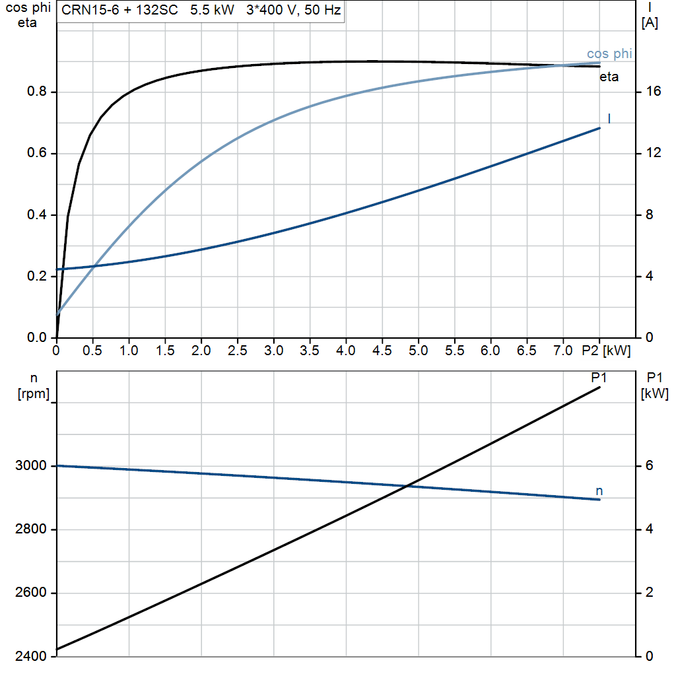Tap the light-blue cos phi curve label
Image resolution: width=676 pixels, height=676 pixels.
(x=609, y=54)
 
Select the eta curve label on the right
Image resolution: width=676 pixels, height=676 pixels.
(x=609, y=77)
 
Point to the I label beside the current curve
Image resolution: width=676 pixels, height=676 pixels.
(x=609, y=119)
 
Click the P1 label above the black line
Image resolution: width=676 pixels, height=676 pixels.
(x=599, y=378)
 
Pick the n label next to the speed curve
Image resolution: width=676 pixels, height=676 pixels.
(x=599, y=490)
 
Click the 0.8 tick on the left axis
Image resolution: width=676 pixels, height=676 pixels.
(x=36, y=92)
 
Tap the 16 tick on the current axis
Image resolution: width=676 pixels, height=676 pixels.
(x=654, y=92)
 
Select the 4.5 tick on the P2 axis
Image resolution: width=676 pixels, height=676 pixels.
(x=382, y=351)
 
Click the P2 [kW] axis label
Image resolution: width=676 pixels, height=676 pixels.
(x=605, y=351)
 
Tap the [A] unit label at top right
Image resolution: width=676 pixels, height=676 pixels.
(x=650, y=24)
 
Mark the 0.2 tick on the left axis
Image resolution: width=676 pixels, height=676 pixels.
(x=36, y=277)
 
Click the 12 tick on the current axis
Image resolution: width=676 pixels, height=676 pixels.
(x=654, y=154)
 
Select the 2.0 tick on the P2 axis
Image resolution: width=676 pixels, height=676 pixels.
(x=201, y=351)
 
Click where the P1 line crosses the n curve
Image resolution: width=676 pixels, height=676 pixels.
(x=407, y=487)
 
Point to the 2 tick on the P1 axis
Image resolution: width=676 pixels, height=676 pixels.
(x=650, y=593)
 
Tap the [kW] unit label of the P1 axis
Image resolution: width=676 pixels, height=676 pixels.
(x=654, y=394)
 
